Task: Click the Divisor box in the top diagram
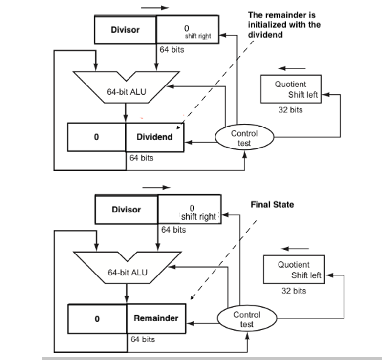[125, 30]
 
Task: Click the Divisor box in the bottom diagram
[126, 210]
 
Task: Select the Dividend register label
[154, 137]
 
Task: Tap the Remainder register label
[156, 318]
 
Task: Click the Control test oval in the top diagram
[244, 138]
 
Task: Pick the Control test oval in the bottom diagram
[247, 319]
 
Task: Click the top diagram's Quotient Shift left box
[291, 89]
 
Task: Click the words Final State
[272, 205]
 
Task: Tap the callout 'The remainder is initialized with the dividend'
[284, 25]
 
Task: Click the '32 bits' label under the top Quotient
[290, 110]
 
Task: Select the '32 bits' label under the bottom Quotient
[294, 291]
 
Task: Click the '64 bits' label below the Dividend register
[141, 158]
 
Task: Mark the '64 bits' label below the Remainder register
[143, 339]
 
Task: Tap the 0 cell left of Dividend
[96, 137]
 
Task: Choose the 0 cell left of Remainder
[97, 318]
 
